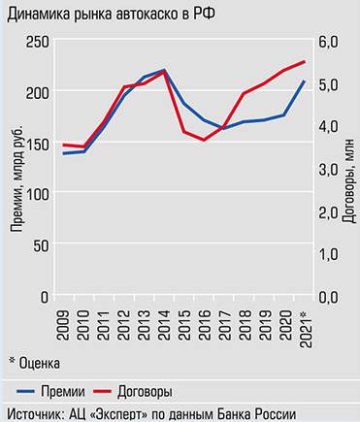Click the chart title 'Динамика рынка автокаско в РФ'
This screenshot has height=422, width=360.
(111, 16)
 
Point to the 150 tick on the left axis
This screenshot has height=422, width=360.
(39, 144)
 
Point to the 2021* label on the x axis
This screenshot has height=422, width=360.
(306, 323)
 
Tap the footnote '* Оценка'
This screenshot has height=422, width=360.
(34, 363)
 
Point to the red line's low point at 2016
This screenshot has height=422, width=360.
(204, 140)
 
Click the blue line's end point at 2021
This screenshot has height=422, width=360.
(305, 81)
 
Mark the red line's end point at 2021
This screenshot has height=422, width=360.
(305, 62)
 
